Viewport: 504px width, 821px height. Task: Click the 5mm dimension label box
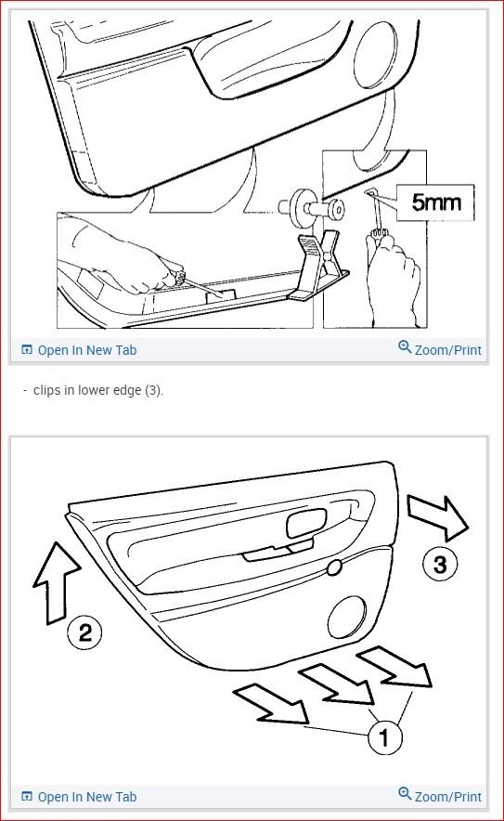click(x=435, y=202)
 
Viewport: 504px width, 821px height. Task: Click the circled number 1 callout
click(x=384, y=737)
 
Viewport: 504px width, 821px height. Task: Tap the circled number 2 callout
click(x=84, y=632)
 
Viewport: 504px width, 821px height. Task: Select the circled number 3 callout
click(x=440, y=564)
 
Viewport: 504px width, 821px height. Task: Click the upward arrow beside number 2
click(x=57, y=582)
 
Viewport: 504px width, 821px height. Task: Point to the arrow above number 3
click(x=437, y=517)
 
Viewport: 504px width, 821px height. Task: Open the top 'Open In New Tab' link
click(x=79, y=350)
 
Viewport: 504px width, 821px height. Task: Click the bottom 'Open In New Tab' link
click(x=79, y=797)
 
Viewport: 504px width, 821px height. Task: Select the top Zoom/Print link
click(x=440, y=348)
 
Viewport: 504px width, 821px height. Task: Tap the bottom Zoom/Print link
click(x=440, y=795)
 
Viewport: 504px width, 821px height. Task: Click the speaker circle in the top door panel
click(x=375, y=56)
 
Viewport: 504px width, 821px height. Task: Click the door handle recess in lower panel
click(x=306, y=524)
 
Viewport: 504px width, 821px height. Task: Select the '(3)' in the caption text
click(x=153, y=391)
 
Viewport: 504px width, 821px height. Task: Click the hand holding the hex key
click(x=393, y=278)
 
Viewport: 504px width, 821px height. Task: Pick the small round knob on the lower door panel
click(x=334, y=567)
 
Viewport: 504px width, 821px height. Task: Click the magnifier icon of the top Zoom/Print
click(x=405, y=346)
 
